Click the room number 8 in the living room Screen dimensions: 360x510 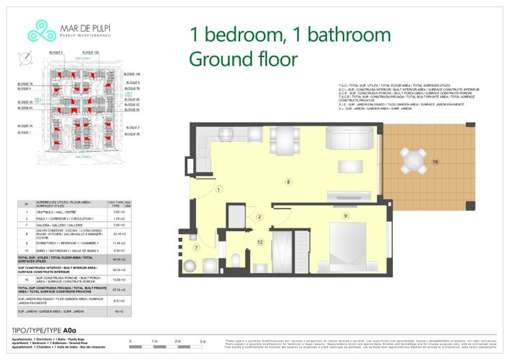point(289,181)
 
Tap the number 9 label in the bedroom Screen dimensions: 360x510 point(346,215)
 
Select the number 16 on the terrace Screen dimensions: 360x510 point(435,162)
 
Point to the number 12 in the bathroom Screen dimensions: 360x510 point(260,242)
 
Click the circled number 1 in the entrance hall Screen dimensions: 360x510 point(218,191)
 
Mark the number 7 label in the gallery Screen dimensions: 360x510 point(196,248)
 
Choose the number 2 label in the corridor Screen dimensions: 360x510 point(259,217)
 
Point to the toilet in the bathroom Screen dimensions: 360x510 point(236,260)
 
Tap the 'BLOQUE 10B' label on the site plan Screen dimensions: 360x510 point(132,74)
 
